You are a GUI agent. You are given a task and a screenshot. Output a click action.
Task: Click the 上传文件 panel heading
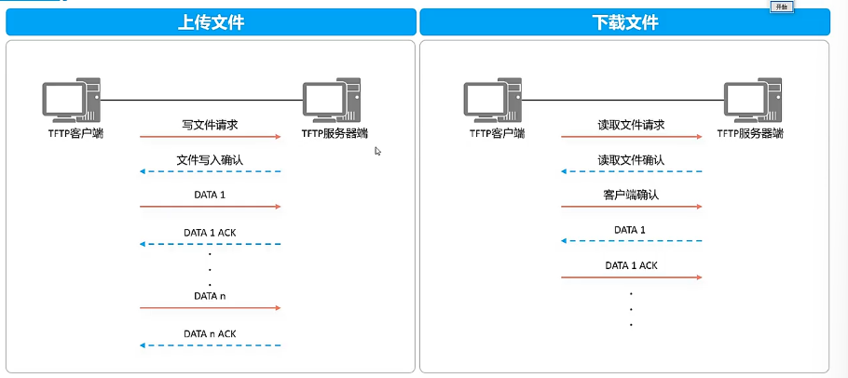tap(211, 22)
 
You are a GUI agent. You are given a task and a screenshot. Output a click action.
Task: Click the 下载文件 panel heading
tap(623, 22)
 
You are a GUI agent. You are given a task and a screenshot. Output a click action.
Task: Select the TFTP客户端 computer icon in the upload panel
tap(71, 101)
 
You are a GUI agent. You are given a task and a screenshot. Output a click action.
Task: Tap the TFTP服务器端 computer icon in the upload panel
tap(332, 101)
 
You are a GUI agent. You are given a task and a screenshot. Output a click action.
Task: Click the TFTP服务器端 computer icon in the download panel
tap(752, 101)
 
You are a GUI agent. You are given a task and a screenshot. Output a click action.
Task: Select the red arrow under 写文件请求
tap(211, 137)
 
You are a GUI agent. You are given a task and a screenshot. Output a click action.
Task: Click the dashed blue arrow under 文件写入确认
tap(211, 171)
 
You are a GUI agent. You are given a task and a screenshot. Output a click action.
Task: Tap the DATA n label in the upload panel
tap(210, 295)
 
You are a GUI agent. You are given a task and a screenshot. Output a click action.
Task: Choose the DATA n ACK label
tap(210, 332)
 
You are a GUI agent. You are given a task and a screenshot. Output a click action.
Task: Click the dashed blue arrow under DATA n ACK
tap(211, 345)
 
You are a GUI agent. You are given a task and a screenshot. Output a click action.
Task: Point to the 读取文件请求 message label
tap(631, 124)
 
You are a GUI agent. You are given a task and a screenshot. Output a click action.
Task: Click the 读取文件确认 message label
tap(631, 160)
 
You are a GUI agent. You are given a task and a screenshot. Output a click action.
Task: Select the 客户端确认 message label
tap(631, 195)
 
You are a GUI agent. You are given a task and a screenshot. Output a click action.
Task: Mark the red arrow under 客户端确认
tap(632, 206)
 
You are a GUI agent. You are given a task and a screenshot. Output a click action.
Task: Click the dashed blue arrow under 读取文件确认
tap(632, 171)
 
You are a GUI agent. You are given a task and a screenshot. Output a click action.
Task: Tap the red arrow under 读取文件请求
tap(632, 137)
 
